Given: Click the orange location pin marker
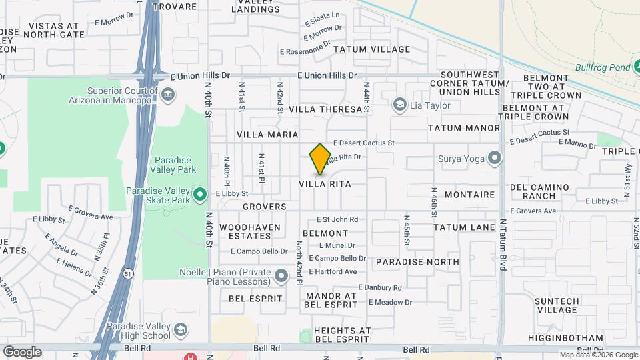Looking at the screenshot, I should tap(321, 159).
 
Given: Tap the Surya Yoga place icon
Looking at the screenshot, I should tap(494, 159).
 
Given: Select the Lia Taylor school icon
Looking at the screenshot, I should tap(399, 105).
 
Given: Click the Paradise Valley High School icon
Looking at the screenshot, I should tap(180, 331).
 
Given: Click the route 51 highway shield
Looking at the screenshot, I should tap(127, 273).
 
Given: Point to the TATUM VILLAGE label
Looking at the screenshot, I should tap(371, 49).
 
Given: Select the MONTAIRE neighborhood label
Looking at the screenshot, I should tap(469, 195).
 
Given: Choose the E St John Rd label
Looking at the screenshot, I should tap(337, 219).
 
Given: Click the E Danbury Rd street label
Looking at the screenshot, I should tap(380, 288).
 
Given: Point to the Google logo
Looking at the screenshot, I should tap(22, 351).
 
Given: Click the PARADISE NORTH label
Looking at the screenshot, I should tap(417, 262).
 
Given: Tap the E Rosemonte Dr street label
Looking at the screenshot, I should tap(305, 51).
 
